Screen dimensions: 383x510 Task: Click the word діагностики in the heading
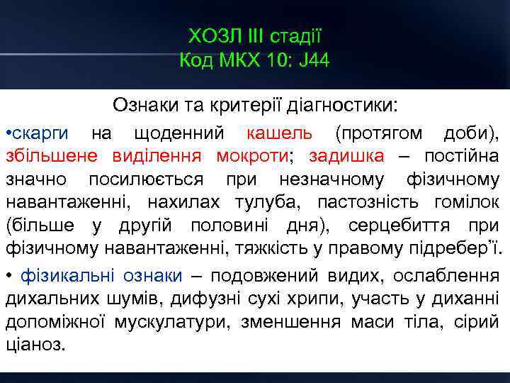[x=351, y=106]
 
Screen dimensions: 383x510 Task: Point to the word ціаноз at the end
[x=34, y=345]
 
